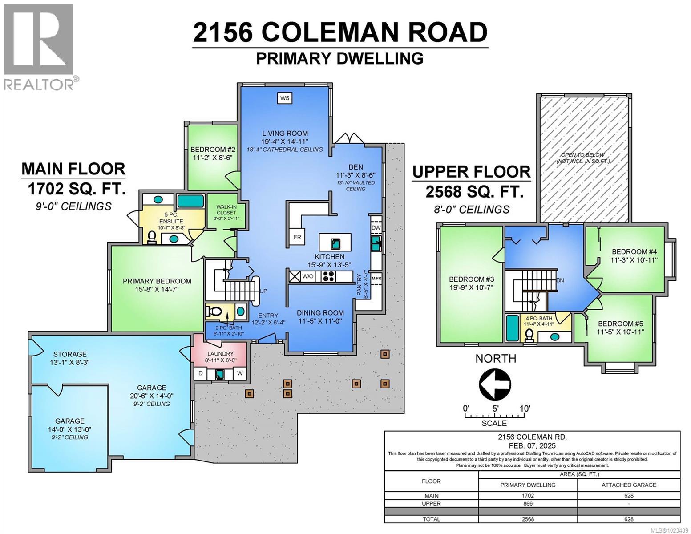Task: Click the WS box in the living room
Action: click(285, 98)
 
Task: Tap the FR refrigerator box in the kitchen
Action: click(297, 237)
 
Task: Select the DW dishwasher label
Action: click(376, 227)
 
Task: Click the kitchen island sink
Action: click(335, 243)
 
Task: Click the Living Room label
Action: click(285, 133)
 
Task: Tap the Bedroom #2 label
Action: click(213, 150)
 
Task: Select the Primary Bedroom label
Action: click(157, 281)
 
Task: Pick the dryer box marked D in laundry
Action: click(201, 373)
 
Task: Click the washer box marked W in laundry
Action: click(240, 373)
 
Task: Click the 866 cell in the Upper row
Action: click(528, 503)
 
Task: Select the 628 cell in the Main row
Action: click(629, 495)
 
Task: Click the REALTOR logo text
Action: click(39, 84)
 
